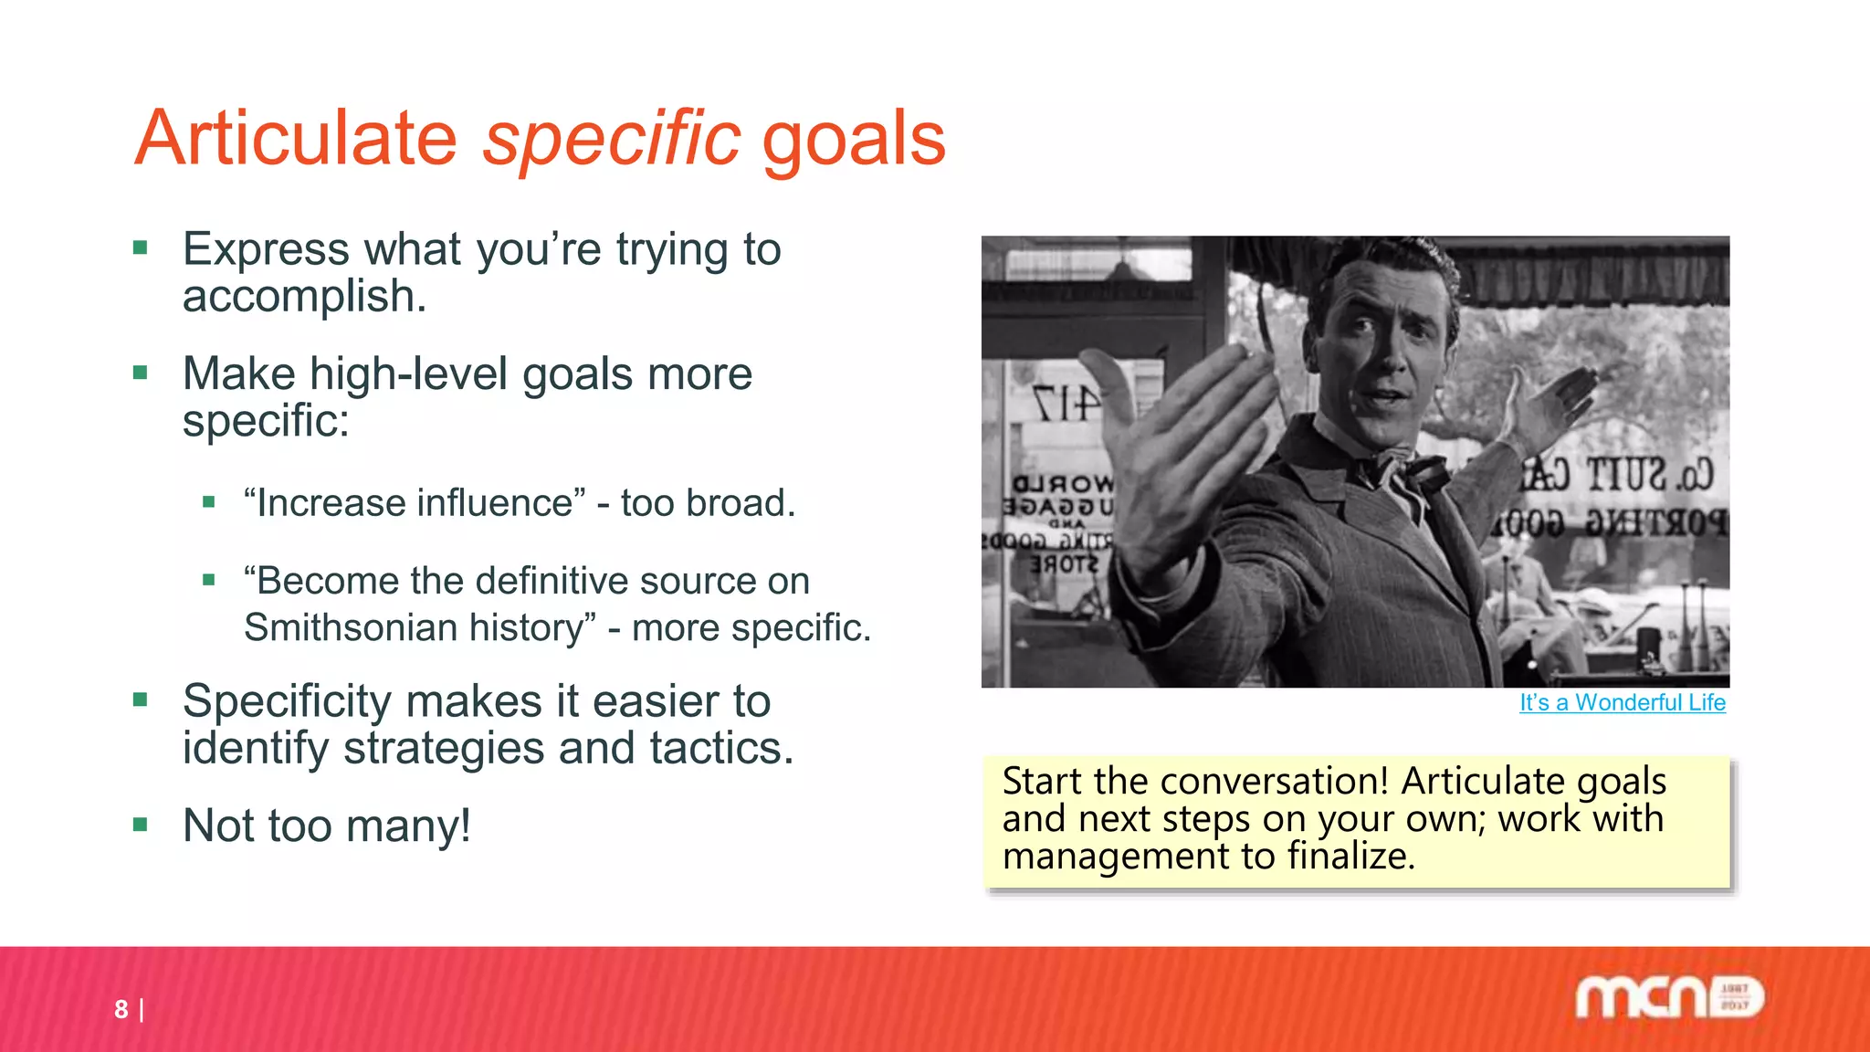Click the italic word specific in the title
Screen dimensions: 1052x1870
[610, 139]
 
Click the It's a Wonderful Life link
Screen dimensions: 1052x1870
[1622, 702]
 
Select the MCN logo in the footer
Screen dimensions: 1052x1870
[1669, 997]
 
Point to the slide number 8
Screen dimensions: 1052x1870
[121, 1009]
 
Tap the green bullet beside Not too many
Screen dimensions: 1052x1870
[140, 826]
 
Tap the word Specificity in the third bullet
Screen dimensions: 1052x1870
[287, 701]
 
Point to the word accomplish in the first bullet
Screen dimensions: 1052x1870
[304, 297]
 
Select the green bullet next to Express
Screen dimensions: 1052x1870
[140, 248]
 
